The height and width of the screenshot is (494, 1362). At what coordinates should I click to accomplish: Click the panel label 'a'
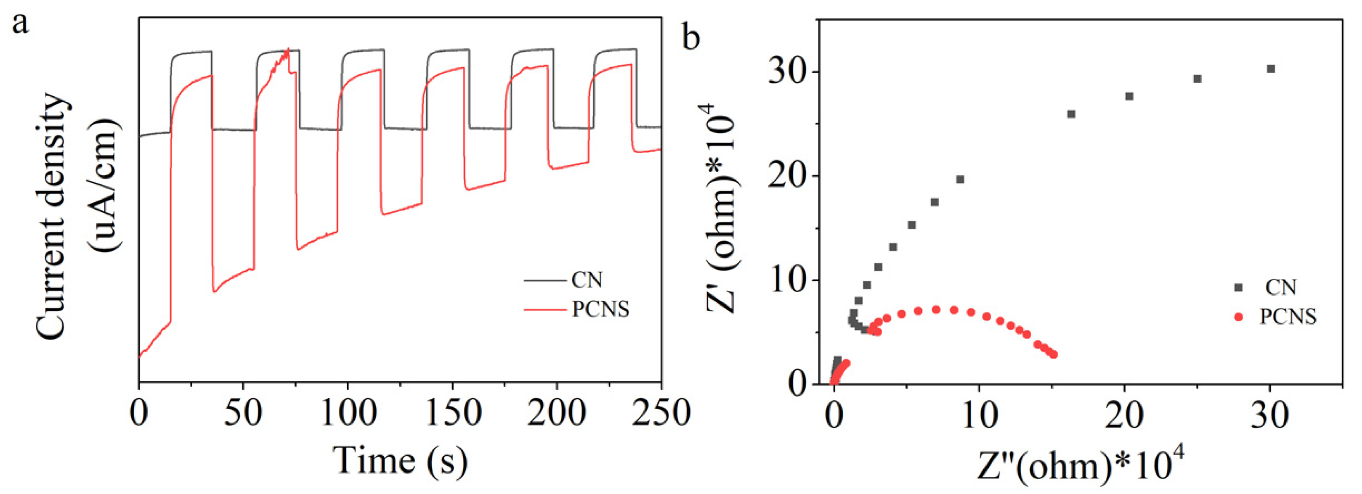pyautogui.click(x=20, y=24)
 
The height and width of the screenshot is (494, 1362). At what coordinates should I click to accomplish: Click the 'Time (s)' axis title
pyautogui.click(x=400, y=461)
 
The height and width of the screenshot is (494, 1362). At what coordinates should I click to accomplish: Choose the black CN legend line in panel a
pyautogui.click(x=544, y=280)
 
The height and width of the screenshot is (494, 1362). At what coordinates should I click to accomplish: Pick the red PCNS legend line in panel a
pyautogui.click(x=544, y=309)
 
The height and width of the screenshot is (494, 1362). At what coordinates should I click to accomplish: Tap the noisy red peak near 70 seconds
pyautogui.click(x=287, y=50)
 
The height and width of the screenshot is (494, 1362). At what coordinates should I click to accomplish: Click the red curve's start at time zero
pyautogui.click(x=140, y=356)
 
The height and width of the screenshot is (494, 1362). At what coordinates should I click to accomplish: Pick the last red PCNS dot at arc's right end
pyautogui.click(x=1054, y=354)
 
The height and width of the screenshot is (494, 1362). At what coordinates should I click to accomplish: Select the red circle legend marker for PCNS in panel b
pyautogui.click(x=1238, y=317)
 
